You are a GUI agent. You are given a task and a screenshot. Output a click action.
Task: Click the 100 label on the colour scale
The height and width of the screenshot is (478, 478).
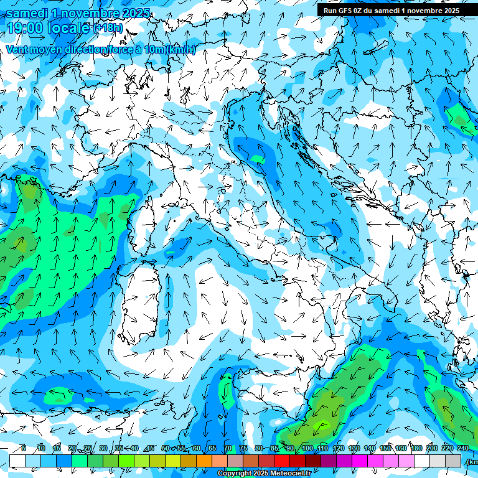point(307,448)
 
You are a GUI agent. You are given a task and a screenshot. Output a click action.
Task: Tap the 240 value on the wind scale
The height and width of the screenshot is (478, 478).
point(462,448)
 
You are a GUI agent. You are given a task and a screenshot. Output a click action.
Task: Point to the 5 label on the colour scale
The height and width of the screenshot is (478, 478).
point(24,448)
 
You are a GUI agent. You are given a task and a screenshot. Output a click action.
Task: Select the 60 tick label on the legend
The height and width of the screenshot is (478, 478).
point(196,448)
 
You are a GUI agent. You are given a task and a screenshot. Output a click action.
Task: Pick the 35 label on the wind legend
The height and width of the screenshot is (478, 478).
point(118,448)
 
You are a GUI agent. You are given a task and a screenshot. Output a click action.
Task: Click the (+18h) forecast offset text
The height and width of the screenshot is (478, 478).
point(108,28)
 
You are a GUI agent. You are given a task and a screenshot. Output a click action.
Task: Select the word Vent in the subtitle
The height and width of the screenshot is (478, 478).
point(18,50)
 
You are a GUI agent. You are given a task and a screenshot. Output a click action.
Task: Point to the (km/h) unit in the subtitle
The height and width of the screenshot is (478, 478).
point(181,50)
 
